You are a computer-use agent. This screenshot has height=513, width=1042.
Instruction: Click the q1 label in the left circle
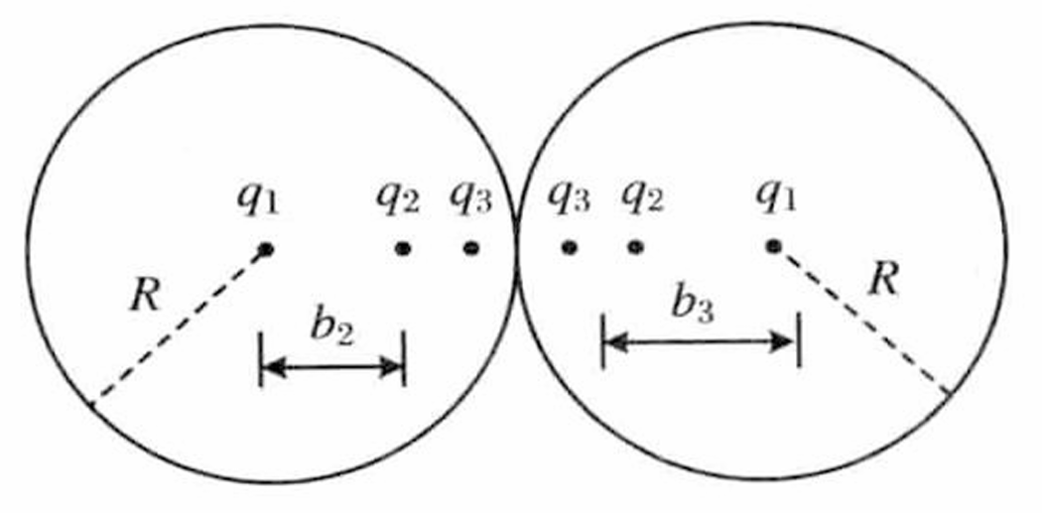[x=258, y=200]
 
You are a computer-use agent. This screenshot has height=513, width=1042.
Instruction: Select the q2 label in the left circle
[x=398, y=199]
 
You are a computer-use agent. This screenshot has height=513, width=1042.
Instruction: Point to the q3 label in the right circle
[x=569, y=199]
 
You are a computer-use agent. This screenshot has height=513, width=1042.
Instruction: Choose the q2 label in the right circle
[x=642, y=199]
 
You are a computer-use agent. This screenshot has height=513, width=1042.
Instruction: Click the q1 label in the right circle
[x=776, y=199]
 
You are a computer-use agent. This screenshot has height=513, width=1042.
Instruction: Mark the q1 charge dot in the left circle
[x=266, y=250]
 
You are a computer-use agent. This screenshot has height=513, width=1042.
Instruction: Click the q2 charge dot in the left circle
[x=403, y=249]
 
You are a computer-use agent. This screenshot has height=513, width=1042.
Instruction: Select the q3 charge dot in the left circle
[x=471, y=249]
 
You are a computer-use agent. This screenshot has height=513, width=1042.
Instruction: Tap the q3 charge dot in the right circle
[x=569, y=248]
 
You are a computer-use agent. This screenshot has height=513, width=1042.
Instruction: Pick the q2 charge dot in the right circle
[x=636, y=248]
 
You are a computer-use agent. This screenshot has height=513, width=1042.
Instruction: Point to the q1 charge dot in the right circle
[x=772, y=247]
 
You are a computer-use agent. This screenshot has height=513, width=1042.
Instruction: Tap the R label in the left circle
[x=145, y=297]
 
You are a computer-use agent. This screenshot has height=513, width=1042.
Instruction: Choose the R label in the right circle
[x=883, y=283]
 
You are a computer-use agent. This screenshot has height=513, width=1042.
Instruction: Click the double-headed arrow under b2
[x=332, y=367]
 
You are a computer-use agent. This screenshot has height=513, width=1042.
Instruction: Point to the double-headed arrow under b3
[x=701, y=342]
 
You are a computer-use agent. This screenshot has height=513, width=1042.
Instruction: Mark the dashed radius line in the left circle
[x=178, y=326]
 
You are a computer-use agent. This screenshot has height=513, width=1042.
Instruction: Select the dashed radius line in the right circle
[x=861, y=321]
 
